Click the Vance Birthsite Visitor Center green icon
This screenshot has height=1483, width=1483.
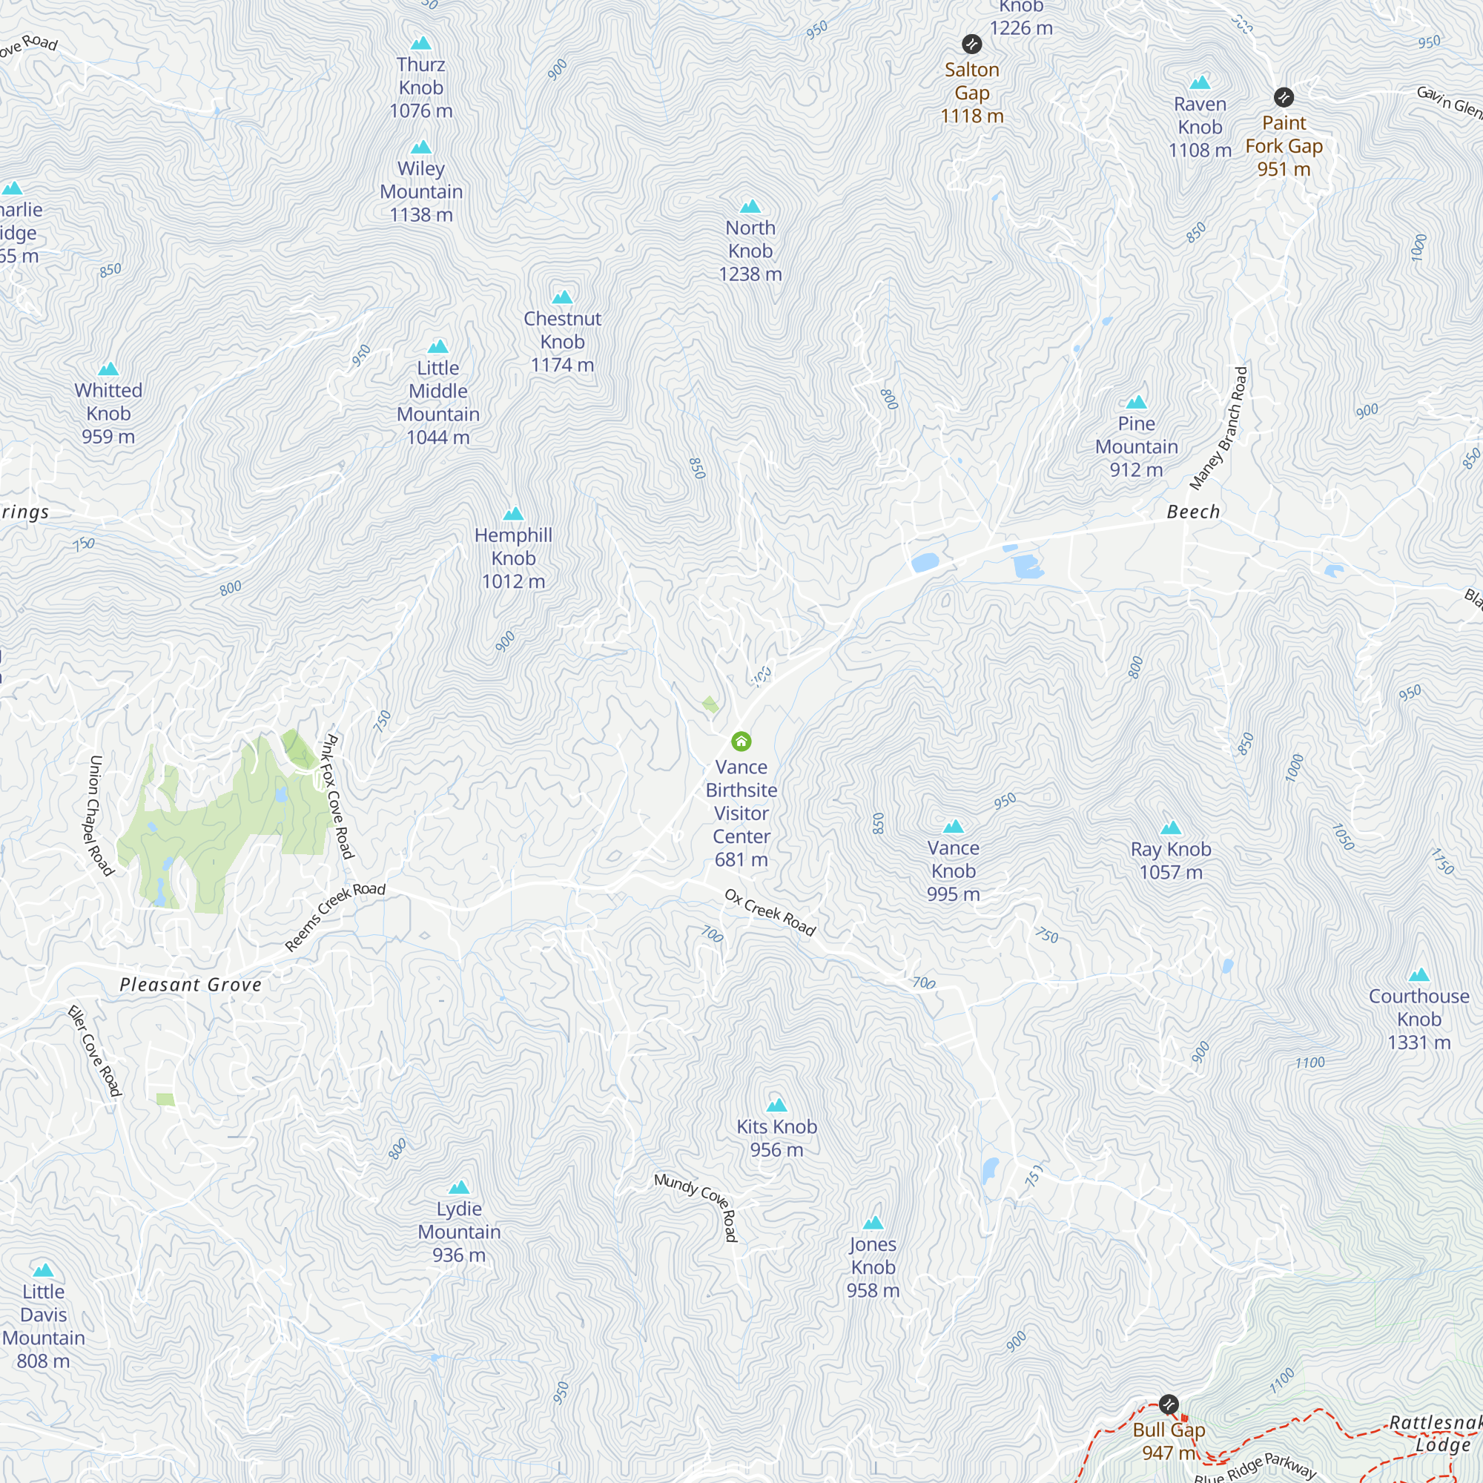pyautogui.click(x=741, y=741)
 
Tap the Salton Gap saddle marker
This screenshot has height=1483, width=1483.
pyautogui.click(x=972, y=44)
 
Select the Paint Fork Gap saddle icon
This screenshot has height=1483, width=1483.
pyautogui.click(x=1284, y=97)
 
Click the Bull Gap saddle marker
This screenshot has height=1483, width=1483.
pyautogui.click(x=1169, y=1404)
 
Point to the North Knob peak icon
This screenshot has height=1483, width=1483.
pyautogui.click(x=750, y=205)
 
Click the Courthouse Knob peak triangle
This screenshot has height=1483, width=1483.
pyautogui.click(x=1418, y=975)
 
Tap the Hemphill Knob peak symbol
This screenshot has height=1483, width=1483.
pyautogui.click(x=514, y=514)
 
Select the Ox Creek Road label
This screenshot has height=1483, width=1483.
pyautogui.click(x=770, y=913)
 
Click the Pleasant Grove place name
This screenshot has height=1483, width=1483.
pyautogui.click(x=191, y=985)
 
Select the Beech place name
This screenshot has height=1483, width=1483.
pyautogui.click(x=1193, y=512)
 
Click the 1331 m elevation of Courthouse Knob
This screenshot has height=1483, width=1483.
pyautogui.click(x=1418, y=1043)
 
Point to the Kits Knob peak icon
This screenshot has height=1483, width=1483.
pyautogui.click(x=777, y=1106)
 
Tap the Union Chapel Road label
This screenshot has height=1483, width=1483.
pyautogui.click(x=102, y=815)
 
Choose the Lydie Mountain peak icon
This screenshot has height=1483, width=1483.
pyautogui.click(x=459, y=1187)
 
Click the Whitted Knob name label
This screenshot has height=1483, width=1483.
pyautogui.click(x=108, y=401)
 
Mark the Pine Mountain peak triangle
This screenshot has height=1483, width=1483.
pyautogui.click(x=1136, y=402)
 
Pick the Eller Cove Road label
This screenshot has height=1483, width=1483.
pyautogui.click(x=95, y=1051)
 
